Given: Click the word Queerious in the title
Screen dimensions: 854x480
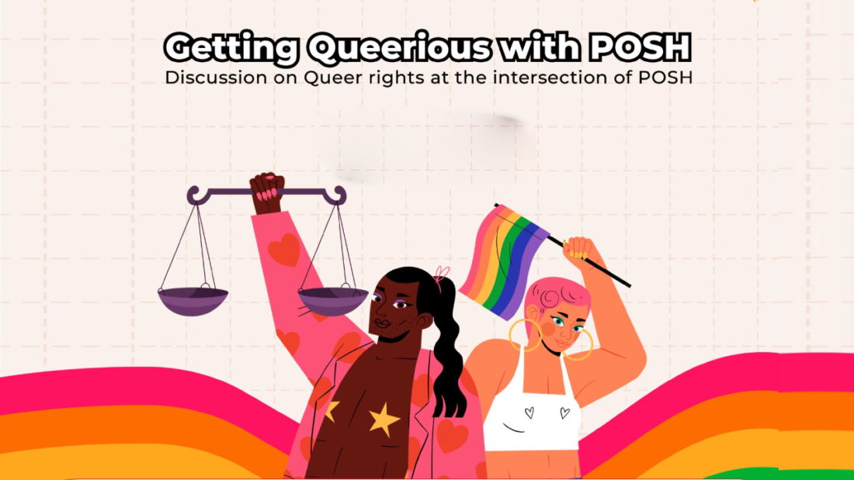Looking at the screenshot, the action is (399, 48).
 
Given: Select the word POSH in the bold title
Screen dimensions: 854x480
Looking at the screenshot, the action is (640, 48).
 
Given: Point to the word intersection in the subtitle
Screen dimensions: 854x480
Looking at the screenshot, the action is (550, 78).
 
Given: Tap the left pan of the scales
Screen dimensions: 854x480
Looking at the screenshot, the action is (193, 301).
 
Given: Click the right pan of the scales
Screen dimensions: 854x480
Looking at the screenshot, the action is (333, 301).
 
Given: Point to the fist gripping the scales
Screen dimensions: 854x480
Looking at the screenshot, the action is (267, 192).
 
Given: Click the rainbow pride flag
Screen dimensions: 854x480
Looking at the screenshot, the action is (504, 261).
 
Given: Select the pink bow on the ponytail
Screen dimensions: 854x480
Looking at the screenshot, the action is (442, 274).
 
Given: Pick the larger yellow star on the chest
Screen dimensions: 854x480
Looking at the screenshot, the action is (384, 419).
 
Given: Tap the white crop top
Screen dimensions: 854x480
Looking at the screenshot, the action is (530, 413).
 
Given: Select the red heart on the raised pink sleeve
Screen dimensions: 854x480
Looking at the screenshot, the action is (283, 250).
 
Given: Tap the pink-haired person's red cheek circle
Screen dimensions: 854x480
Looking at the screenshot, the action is (548, 328).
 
